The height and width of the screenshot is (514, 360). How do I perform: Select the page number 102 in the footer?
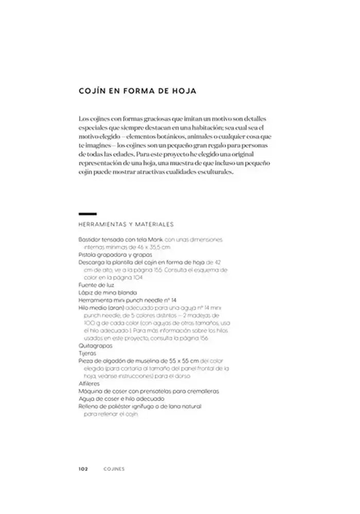[x=84, y=469]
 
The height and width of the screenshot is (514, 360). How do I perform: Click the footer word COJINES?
[x=114, y=469]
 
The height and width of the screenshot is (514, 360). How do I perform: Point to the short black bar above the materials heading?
[x=87, y=213]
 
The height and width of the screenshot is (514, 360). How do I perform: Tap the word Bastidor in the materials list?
[x=89, y=240]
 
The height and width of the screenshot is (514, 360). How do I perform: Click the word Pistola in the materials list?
[x=87, y=254]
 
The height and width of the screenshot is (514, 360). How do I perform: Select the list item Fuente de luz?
[x=96, y=284]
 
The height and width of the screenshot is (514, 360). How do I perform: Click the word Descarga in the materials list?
[x=91, y=262]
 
